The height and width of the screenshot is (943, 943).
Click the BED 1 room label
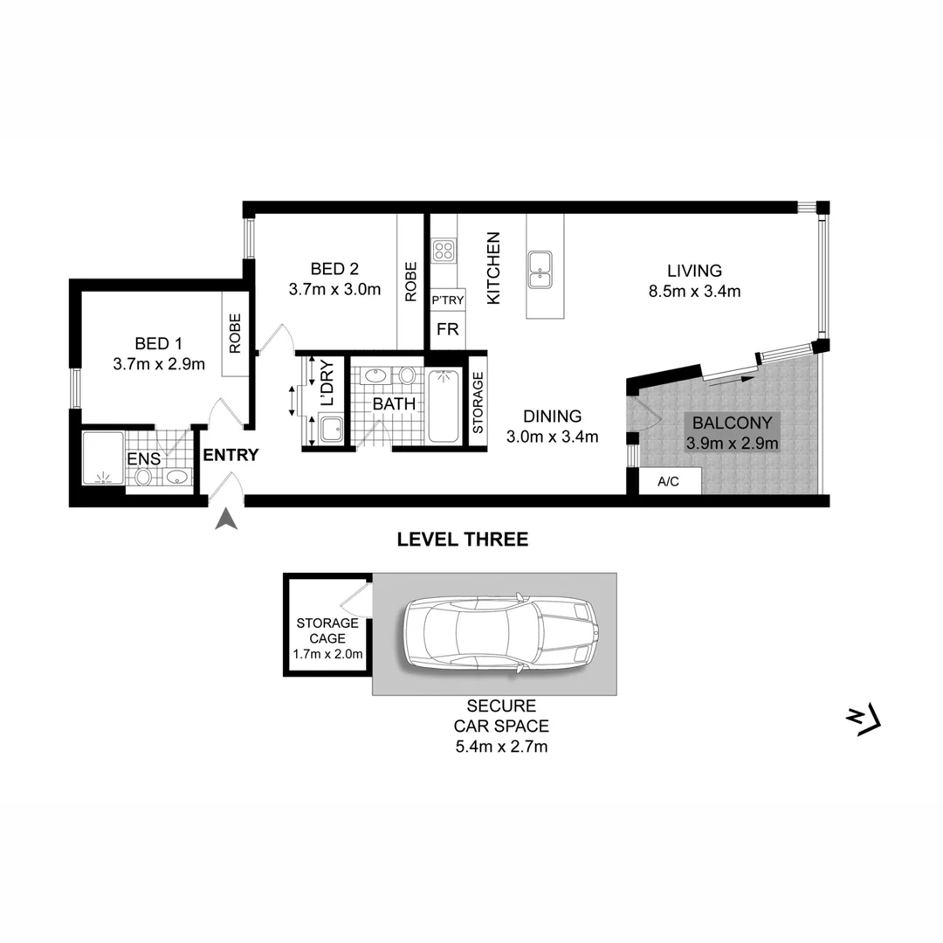coord(158,341)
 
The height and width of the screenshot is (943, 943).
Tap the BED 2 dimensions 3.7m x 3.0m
coord(334,290)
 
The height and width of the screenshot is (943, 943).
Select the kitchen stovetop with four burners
coord(444,251)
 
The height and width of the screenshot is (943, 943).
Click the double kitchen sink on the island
coord(539,268)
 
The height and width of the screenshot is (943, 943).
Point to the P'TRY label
coord(448,300)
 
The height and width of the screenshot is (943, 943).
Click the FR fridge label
coord(447,330)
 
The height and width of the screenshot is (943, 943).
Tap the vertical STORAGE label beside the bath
coord(478,403)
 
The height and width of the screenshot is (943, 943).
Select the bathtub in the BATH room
coord(446,406)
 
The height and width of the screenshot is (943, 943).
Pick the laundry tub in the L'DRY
coord(331,429)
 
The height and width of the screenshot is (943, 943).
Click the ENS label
coord(143,458)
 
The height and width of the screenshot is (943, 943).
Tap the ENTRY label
coord(231,455)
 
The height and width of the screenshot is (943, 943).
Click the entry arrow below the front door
coord(227,520)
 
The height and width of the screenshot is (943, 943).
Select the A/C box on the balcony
coord(668,481)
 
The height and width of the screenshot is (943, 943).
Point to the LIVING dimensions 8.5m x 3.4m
coord(695,292)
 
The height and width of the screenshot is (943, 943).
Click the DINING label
coord(553,416)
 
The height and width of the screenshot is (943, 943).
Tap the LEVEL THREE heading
coord(462,540)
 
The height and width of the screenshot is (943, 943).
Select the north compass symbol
coord(865,719)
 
